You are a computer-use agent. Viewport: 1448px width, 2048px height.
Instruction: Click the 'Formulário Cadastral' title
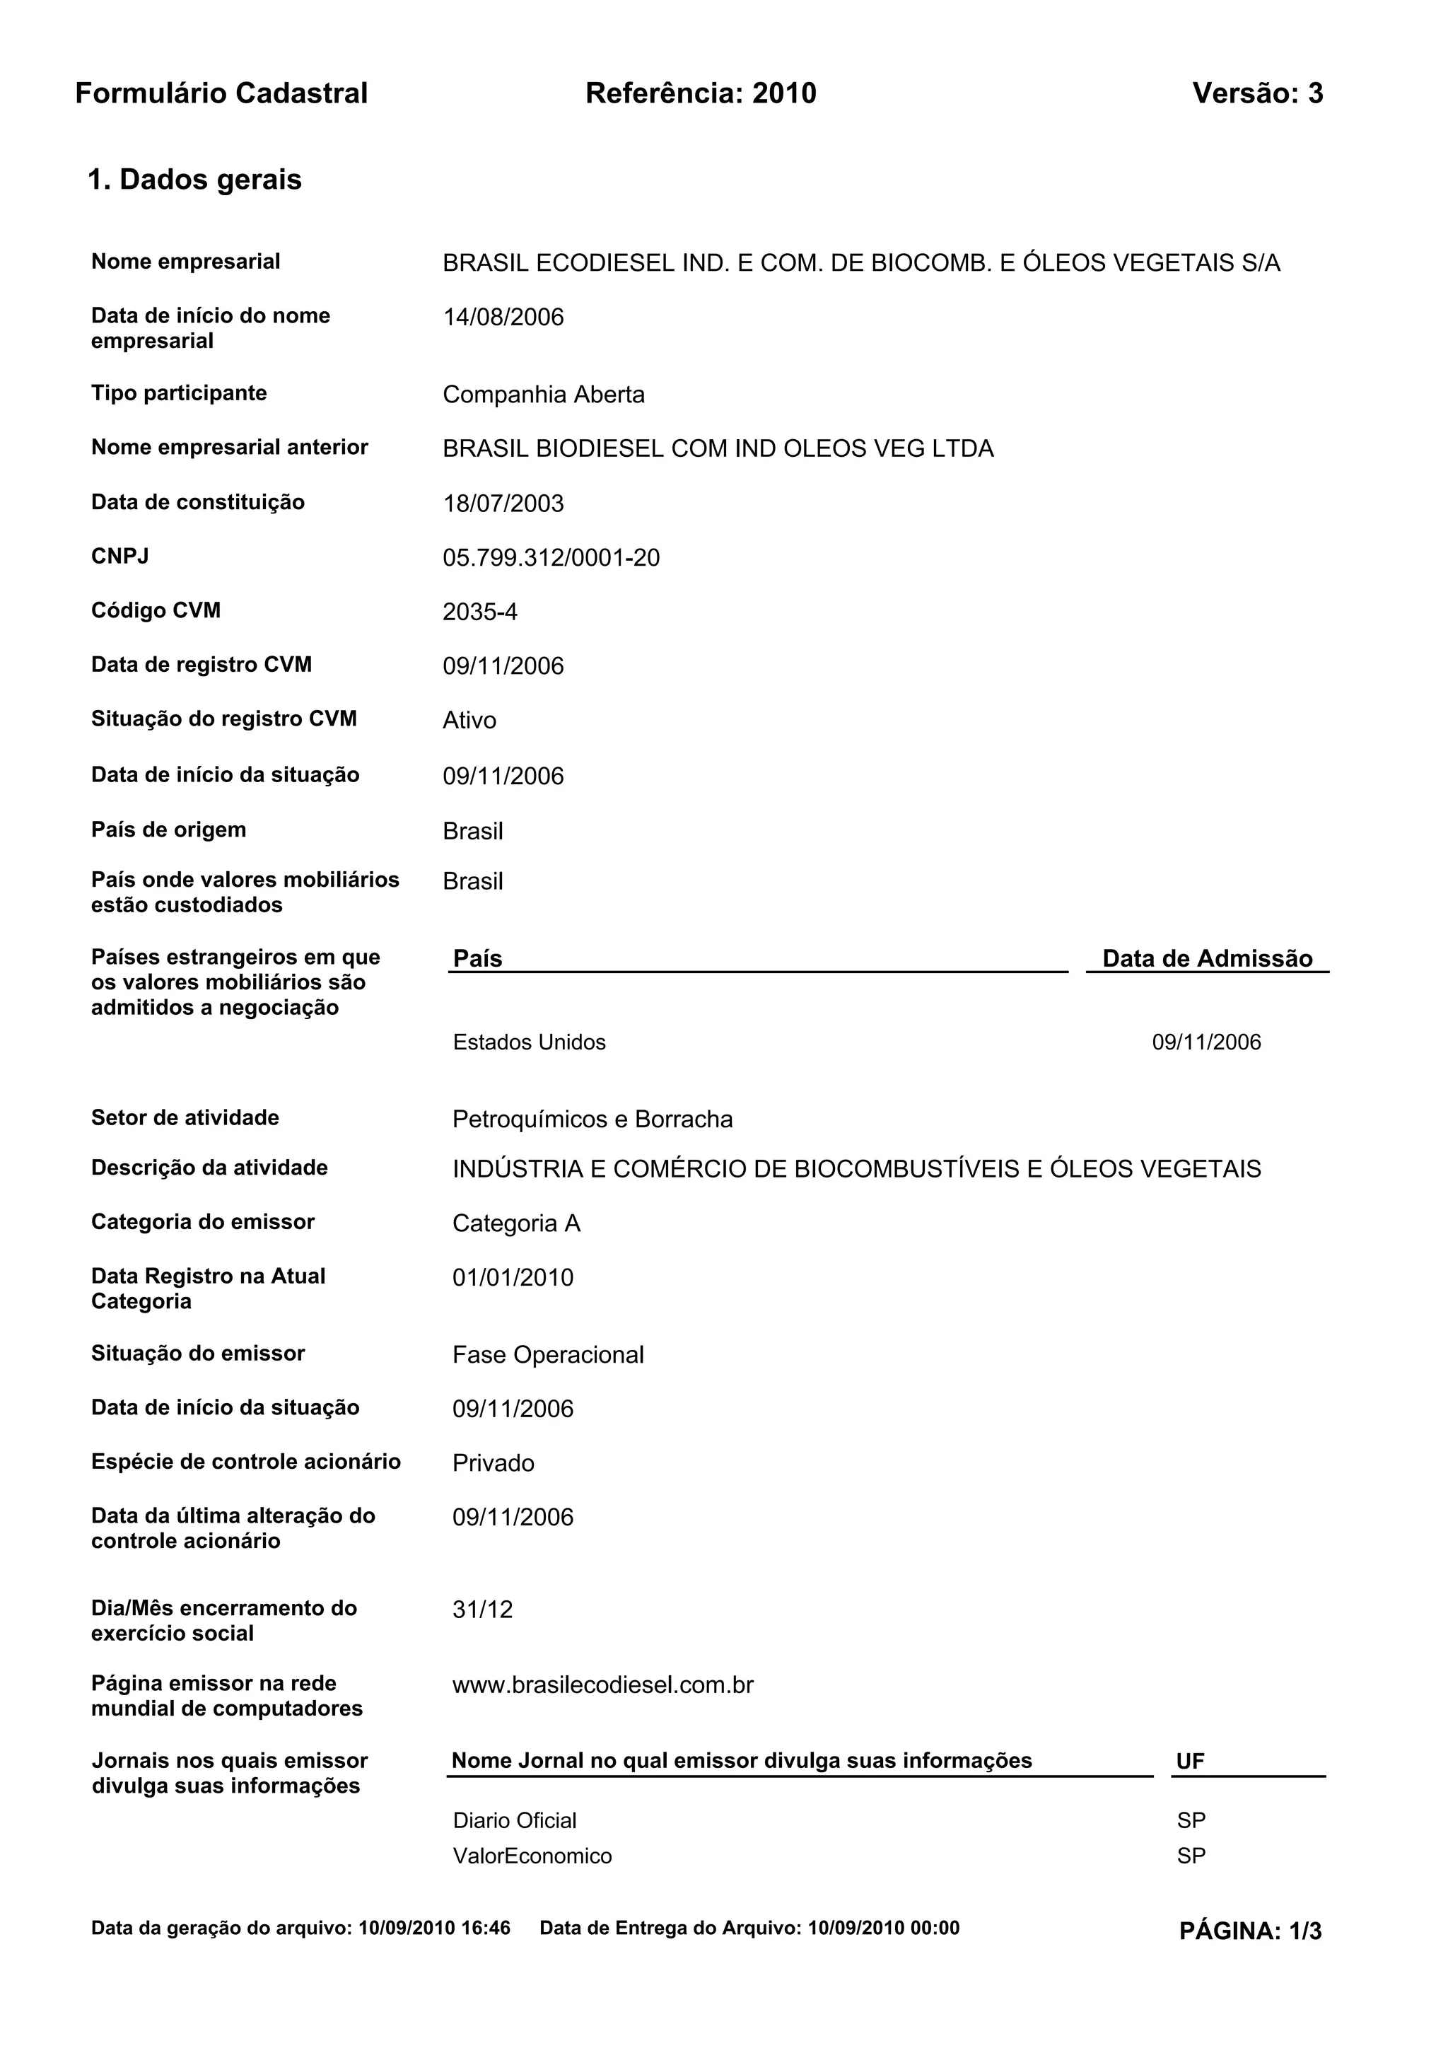221,93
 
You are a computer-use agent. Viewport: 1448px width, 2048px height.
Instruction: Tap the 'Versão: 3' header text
1257,93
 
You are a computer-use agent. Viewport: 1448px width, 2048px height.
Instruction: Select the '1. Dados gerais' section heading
194,180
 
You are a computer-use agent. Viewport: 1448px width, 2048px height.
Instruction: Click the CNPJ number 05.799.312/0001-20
551,559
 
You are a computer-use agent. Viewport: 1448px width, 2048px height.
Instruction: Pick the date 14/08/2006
503,318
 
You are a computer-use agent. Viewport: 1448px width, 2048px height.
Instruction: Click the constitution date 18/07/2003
503,504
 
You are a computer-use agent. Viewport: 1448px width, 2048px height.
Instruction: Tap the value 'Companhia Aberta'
543,395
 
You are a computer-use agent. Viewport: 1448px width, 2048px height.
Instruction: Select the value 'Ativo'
469,721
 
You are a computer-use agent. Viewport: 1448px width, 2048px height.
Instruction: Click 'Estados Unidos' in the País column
529,1042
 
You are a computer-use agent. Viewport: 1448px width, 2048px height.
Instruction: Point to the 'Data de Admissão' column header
1208,959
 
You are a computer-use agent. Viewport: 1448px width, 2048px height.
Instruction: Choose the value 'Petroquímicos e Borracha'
592,1119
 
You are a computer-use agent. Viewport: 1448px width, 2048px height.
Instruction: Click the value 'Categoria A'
516,1224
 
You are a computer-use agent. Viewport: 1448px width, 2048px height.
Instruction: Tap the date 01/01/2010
513,1278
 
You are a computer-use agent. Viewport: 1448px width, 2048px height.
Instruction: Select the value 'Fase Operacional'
547,1355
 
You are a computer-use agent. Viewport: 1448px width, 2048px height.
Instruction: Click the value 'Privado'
493,1464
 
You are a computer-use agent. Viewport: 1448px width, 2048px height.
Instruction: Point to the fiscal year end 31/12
482,1610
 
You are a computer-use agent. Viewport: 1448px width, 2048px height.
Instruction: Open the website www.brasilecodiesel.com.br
602,1685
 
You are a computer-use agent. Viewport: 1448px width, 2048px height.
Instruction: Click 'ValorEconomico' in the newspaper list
532,1856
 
